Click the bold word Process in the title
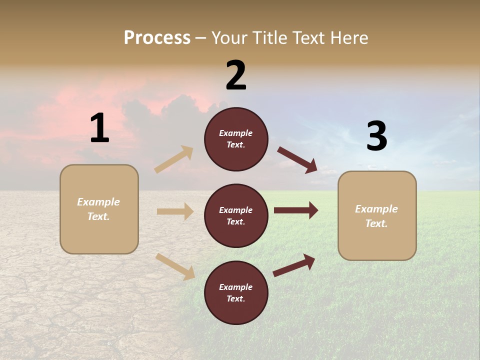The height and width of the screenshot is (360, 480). (x=157, y=37)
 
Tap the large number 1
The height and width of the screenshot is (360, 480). (x=99, y=128)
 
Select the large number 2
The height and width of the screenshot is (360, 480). (x=236, y=75)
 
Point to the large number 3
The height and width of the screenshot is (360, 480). (x=376, y=136)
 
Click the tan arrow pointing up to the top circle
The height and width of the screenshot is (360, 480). (x=174, y=159)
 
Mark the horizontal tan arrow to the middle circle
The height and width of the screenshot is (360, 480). (x=175, y=211)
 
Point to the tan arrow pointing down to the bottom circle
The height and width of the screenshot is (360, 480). (x=175, y=266)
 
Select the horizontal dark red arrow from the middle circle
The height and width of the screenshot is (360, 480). (x=295, y=210)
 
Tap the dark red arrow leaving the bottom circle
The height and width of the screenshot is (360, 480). (x=294, y=265)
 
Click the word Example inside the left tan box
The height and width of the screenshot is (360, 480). (x=98, y=202)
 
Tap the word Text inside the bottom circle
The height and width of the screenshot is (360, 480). (x=235, y=298)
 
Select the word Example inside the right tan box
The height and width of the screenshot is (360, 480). (x=376, y=209)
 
